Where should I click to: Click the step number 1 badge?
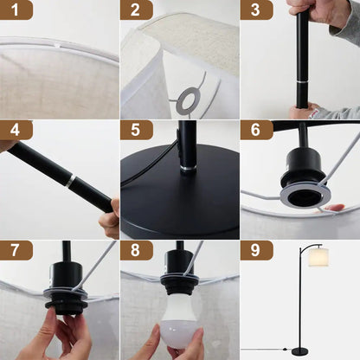coord(16,10)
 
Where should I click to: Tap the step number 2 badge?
coord(136,10)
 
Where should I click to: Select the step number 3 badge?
coord(255,10)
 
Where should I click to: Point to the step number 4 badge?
coord(16,130)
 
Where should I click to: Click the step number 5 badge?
coord(136,130)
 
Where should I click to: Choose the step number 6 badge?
coord(255,130)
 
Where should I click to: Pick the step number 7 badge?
coord(16,250)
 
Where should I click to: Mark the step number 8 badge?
coord(136,250)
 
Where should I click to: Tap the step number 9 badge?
coord(255,250)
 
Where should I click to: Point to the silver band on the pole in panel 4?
coord(69,183)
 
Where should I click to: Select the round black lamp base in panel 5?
coord(180,208)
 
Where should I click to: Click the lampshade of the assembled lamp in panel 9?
coord(319,258)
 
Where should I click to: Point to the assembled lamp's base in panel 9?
coord(300,350)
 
